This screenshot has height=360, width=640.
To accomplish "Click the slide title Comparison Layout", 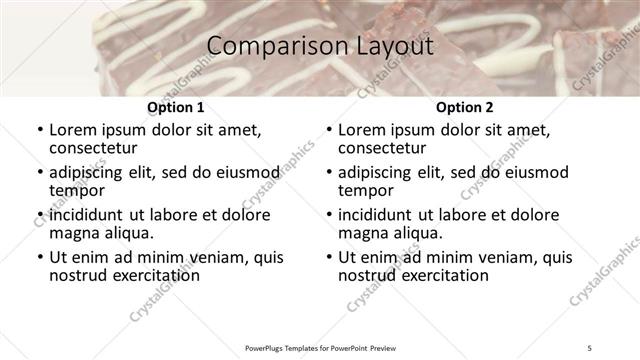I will tap(320, 46).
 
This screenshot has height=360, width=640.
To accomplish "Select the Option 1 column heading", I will tap(175, 107).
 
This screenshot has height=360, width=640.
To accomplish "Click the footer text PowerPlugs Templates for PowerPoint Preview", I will tap(320, 349).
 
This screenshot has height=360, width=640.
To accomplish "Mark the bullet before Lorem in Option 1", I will tap(39, 130).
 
